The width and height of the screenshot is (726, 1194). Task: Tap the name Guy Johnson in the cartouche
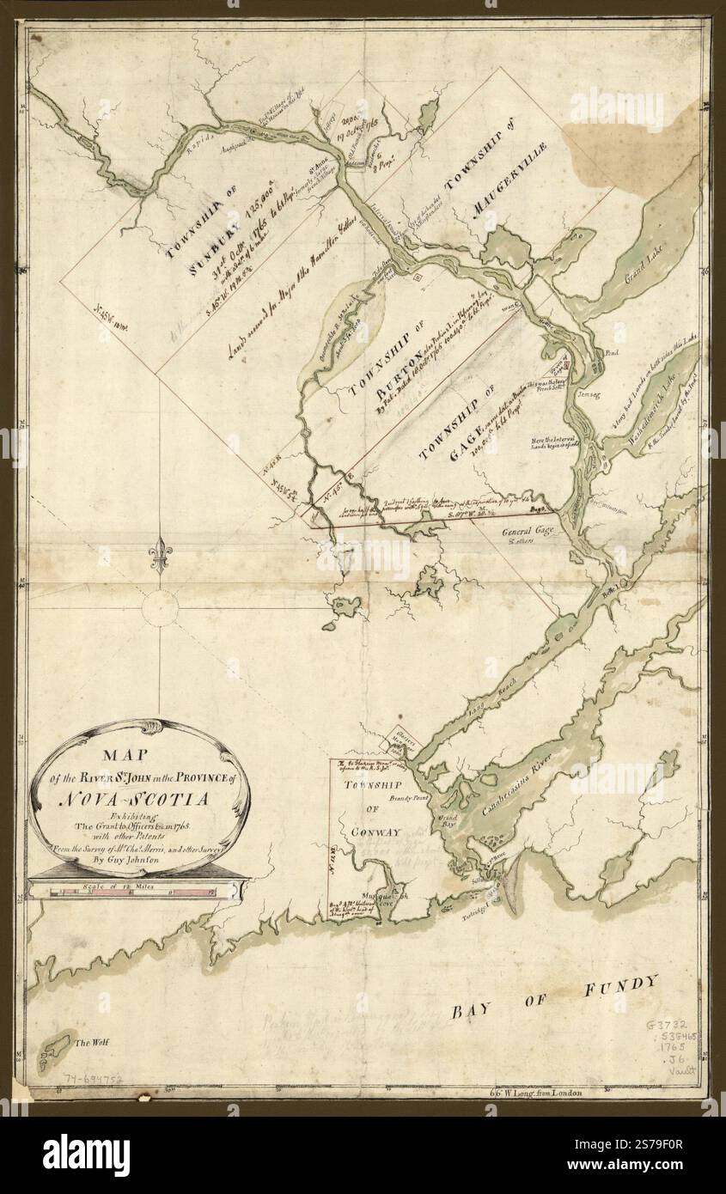140,857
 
